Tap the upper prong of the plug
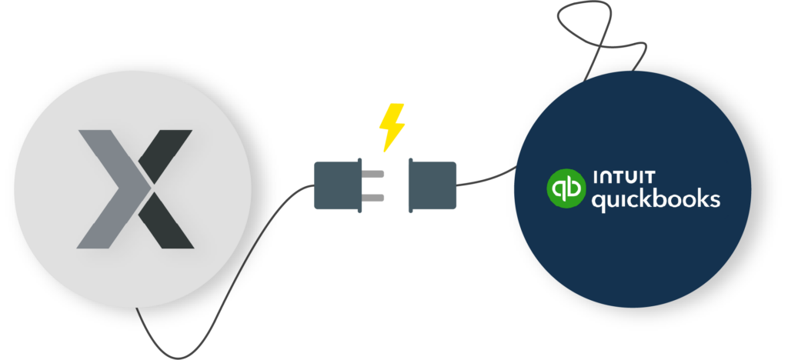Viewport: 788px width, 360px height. tap(373, 175)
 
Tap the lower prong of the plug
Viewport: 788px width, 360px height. tap(373, 198)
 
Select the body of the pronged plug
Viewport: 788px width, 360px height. tap(336, 185)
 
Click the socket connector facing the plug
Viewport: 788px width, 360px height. tap(432, 185)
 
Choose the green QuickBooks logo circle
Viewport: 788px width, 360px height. tap(566, 189)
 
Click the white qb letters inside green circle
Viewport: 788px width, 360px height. tap(566, 189)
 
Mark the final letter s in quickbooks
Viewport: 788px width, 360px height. tap(715, 200)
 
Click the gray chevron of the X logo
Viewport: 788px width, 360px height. tap(109, 188)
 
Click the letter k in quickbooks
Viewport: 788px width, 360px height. tap(651, 198)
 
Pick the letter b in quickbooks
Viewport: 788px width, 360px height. tap(664, 198)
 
